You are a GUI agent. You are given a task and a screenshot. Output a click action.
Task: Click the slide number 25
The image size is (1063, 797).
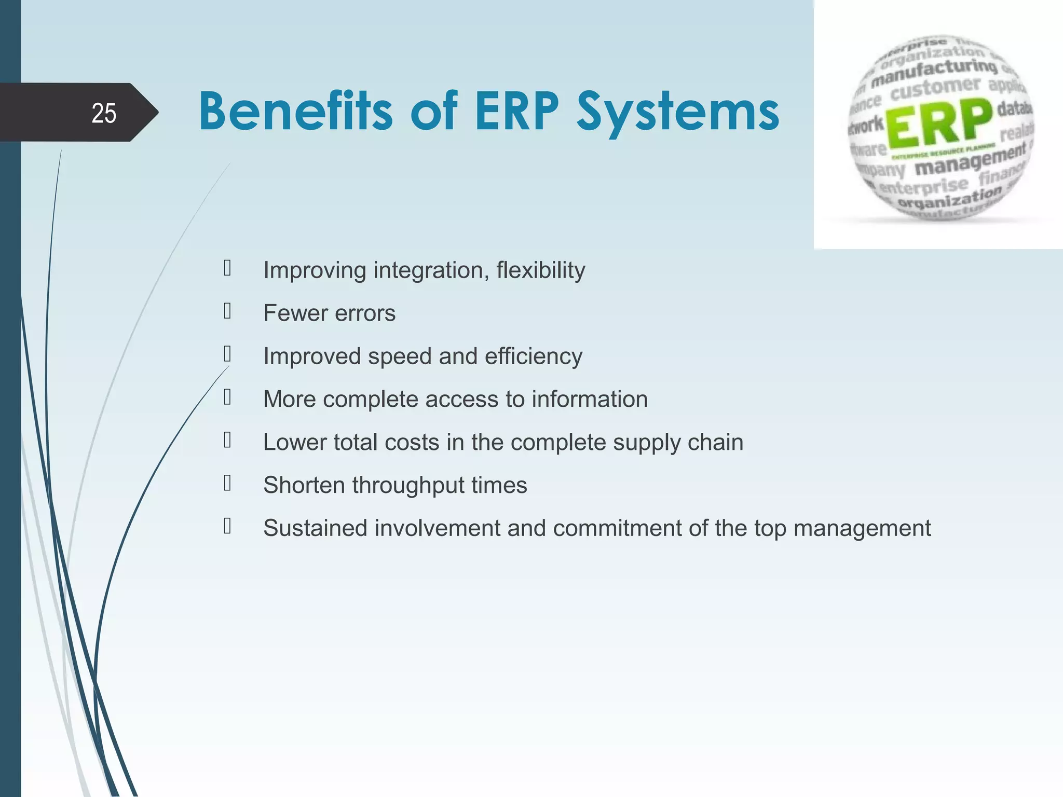(103, 113)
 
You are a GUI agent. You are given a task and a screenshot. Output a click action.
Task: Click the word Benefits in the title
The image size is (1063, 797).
(295, 112)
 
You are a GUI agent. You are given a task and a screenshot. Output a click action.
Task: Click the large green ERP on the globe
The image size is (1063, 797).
(939, 125)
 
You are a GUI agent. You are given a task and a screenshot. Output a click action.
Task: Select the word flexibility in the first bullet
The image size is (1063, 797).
(540, 270)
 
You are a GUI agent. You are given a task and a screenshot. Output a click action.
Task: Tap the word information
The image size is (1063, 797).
(589, 400)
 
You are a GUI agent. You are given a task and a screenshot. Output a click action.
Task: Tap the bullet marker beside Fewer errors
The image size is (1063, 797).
(227, 311)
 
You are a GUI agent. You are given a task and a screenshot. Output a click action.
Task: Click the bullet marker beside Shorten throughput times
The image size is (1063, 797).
(227, 483)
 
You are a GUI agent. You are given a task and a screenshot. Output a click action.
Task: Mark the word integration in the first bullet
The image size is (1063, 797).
(430, 271)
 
